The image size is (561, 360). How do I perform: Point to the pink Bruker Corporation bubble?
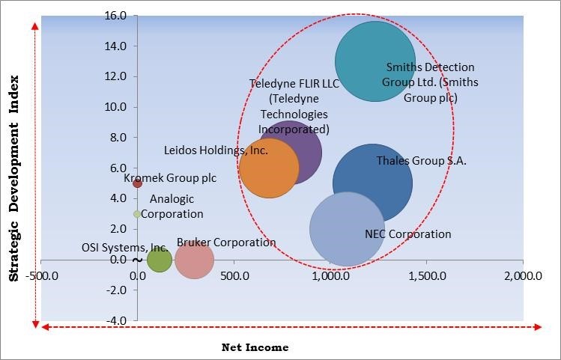194,260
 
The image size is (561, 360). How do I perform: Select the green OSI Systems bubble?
159,260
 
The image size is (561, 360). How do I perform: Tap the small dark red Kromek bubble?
137,183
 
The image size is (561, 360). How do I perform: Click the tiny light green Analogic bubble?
137,214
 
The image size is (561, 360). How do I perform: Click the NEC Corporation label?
407,234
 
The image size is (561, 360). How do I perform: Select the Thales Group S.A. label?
421,160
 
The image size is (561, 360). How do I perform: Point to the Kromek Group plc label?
170,178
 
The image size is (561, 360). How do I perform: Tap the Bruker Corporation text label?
226,242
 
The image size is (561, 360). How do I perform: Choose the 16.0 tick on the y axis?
115,16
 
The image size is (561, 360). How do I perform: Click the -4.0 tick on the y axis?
115,320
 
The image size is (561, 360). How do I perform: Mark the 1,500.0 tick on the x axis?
426,275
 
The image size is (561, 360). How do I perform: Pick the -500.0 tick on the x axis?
42,275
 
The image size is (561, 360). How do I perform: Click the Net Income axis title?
255,347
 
